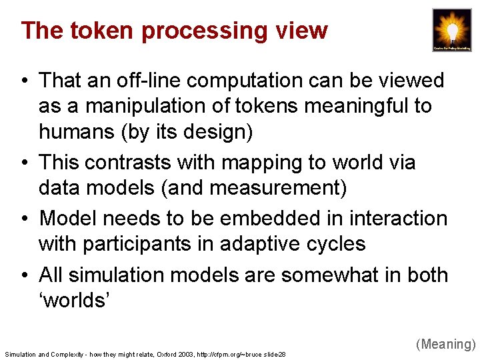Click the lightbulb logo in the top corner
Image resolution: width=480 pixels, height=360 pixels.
(x=451, y=29)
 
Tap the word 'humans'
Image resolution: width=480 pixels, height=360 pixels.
(x=76, y=131)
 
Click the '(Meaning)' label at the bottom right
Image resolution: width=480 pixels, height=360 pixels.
(x=445, y=344)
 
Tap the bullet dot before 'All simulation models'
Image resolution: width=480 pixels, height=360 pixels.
(x=24, y=275)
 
